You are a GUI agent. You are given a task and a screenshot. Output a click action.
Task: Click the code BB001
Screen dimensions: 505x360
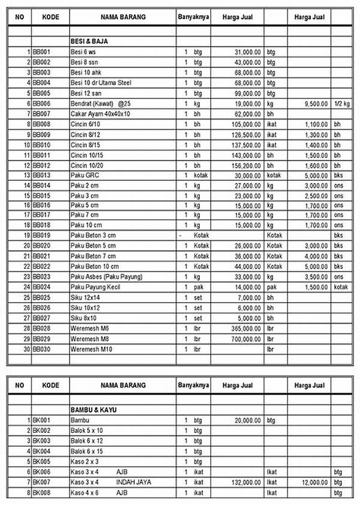point(41,52)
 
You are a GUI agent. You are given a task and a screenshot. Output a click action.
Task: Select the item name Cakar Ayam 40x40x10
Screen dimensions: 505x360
point(100,113)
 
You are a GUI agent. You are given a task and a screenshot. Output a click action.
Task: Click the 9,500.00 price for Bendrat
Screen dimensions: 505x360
point(313,103)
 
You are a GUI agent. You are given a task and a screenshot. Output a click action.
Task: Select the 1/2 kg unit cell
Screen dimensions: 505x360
point(341,103)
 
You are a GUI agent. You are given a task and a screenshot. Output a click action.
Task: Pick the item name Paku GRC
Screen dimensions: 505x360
point(85,175)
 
